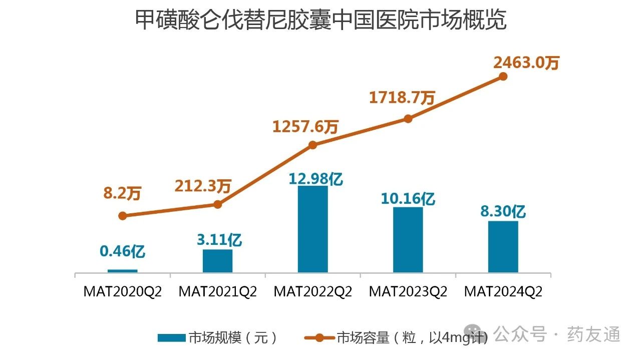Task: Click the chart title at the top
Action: click(320, 21)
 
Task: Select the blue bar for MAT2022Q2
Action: click(312, 229)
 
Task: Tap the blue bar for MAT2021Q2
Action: click(217, 261)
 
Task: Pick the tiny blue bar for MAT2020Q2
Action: click(122, 271)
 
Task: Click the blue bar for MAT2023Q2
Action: click(408, 240)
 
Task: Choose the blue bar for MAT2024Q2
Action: click(503, 247)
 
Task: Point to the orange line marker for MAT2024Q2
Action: click(503, 77)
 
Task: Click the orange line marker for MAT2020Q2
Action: click(122, 216)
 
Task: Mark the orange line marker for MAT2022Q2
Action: click(312, 145)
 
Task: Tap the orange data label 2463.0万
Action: click(526, 63)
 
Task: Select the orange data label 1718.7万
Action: click(402, 97)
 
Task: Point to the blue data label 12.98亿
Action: click(315, 178)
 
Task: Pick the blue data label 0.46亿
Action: click(123, 251)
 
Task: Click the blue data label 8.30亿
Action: click(503, 212)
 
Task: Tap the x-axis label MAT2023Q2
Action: click(408, 292)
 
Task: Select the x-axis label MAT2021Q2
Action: click(217, 292)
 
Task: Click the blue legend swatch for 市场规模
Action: click(171, 338)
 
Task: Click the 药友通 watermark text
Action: click(593, 334)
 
